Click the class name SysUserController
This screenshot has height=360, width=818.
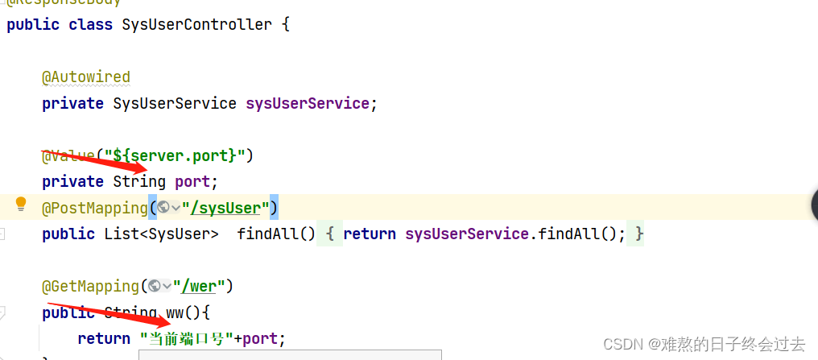[x=196, y=24]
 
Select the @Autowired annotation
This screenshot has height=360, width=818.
[x=86, y=77]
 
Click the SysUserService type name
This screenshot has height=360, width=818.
[x=175, y=103]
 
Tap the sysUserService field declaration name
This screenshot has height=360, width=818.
[x=307, y=103]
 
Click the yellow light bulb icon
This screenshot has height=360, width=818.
[x=22, y=205]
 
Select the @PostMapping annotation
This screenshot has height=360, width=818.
[x=94, y=208]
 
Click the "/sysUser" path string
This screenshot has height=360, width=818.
[x=225, y=208]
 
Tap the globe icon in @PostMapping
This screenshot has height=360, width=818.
[x=163, y=208]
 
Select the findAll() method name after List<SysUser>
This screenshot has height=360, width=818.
[x=267, y=234]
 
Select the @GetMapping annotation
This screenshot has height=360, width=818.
[x=90, y=286]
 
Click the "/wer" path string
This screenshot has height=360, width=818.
[x=202, y=286]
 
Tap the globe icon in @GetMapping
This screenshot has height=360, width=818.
[x=155, y=286]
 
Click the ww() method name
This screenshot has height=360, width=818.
[x=179, y=312]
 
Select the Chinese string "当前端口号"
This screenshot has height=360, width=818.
[x=187, y=338]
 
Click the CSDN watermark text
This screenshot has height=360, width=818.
[x=703, y=344]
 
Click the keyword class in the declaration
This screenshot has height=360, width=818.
[x=90, y=24]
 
